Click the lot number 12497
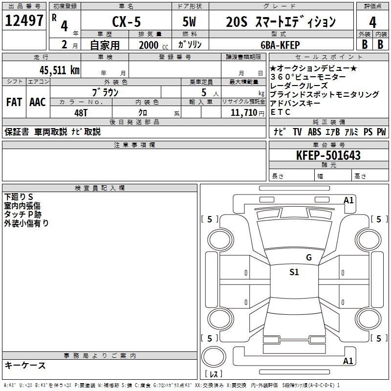pyautogui.click(x=24, y=21)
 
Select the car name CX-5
pyautogui.click(x=127, y=22)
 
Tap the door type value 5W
pyautogui.click(x=189, y=22)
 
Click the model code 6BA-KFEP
pyautogui.click(x=280, y=45)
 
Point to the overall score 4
pyautogui.click(x=372, y=22)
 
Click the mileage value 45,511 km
pyautogui.click(x=59, y=70)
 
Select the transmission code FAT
pyautogui.click(x=14, y=102)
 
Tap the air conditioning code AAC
pyautogui.click(x=38, y=102)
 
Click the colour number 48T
pyautogui.click(x=81, y=113)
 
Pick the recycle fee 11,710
pyautogui.click(x=244, y=113)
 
